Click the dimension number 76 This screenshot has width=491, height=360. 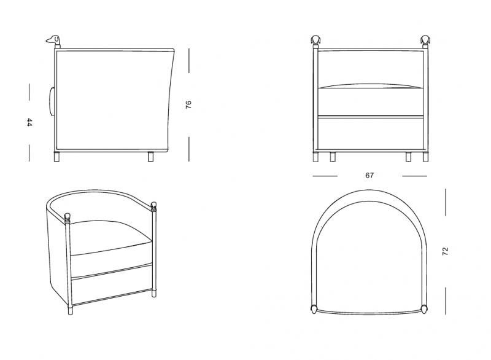(188, 104)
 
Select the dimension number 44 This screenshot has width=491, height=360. (29, 122)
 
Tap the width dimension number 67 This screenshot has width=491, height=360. (369, 176)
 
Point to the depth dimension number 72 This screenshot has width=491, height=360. (446, 251)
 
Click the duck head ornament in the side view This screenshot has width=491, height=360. (54, 40)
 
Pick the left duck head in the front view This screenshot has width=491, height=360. (315, 40)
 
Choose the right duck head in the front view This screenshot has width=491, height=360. (425, 40)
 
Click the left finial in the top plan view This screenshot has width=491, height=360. (314, 309)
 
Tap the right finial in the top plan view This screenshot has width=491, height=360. (424, 309)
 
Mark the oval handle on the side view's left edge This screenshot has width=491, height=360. (52, 102)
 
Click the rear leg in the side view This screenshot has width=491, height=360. (151, 157)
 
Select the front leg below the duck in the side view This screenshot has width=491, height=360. (56, 157)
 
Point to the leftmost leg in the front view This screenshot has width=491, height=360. (315, 157)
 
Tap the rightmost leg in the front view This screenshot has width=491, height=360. (425, 157)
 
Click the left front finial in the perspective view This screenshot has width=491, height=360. (67, 217)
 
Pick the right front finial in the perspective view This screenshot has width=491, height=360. (154, 206)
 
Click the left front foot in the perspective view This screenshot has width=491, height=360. (70, 310)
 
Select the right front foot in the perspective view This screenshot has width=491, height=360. (154, 293)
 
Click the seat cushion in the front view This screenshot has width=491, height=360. (371, 100)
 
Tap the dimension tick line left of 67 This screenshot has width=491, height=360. (325, 176)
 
